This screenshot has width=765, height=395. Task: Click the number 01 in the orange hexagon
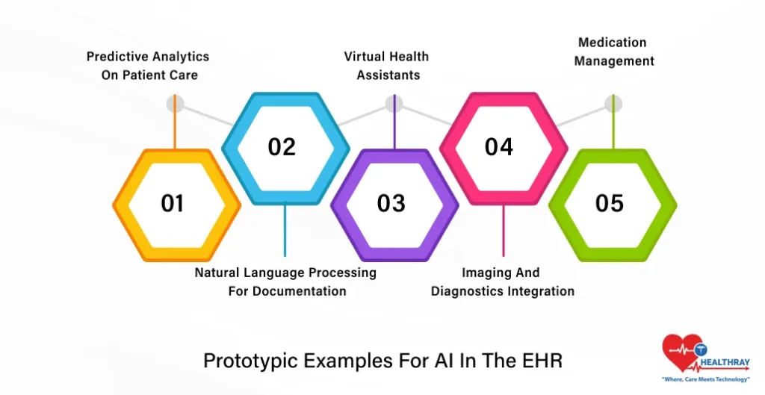[173, 203]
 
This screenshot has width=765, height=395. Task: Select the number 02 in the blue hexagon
[282, 147]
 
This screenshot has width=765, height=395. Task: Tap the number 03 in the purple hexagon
[391, 203]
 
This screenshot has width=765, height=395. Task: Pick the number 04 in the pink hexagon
[499, 147]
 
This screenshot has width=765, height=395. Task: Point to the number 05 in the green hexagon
[609, 203]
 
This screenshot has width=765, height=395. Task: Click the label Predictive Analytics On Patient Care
[148, 66]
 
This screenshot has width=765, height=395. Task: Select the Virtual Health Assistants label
[387, 66]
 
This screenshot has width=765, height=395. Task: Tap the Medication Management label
[613, 52]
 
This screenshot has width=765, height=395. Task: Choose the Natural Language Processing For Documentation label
[286, 282]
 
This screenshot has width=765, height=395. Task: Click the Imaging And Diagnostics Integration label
[502, 282]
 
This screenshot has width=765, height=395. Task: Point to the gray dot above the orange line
[175, 104]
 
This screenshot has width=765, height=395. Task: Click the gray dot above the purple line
[394, 104]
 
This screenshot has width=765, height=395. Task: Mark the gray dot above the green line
[613, 104]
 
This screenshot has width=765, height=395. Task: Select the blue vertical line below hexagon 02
[284, 231]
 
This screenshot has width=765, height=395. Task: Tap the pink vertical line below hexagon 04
[503, 231]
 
